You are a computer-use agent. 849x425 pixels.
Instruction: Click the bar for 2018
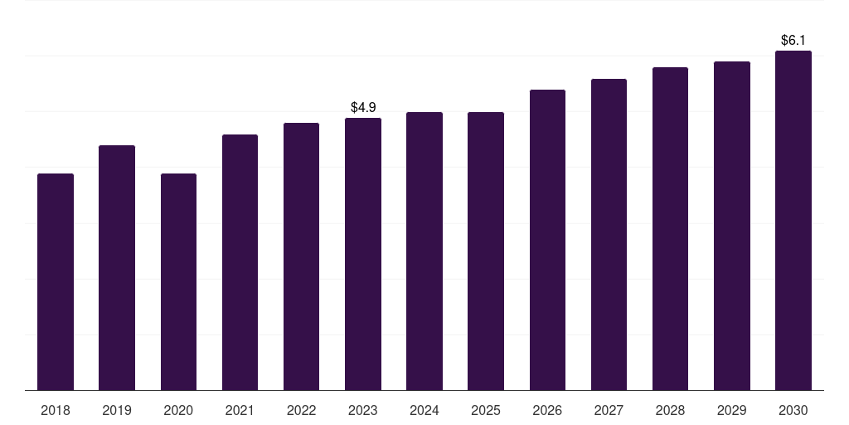tap(56, 282)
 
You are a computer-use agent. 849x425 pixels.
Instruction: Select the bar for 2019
tap(117, 268)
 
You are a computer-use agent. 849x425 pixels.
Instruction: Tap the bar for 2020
tap(178, 282)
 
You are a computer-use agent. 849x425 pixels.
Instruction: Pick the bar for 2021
tap(240, 262)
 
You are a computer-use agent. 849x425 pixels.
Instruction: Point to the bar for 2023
tap(363, 254)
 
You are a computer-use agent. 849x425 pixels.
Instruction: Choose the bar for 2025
tap(486, 252)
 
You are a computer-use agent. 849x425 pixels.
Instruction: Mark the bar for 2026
tap(547, 240)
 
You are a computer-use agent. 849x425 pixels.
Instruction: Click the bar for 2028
tap(670, 229)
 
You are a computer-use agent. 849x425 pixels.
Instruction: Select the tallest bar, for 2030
tap(793, 221)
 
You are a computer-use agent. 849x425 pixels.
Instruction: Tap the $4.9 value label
tap(363, 107)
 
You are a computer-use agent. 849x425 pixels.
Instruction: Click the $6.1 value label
tap(793, 40)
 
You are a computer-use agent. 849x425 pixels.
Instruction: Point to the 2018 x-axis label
tap(56, 410)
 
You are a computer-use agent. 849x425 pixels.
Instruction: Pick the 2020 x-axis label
tap(178, 410)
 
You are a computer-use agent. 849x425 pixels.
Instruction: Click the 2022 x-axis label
tap(302, 410)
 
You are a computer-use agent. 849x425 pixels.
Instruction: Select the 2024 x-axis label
tap(424, 410)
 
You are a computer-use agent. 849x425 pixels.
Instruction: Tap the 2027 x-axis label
tap(609, 410)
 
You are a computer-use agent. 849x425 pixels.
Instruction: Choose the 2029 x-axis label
tap(731, 410)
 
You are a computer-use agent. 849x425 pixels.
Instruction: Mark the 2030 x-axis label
tap(793, 410)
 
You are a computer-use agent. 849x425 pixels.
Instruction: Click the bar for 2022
tap(302, 256)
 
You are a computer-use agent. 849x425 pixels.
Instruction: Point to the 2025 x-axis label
tap(486, 410)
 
